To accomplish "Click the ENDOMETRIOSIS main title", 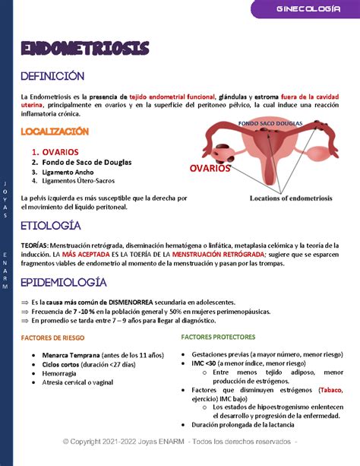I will tap(85, 48).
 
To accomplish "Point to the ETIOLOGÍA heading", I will tap(50, 226).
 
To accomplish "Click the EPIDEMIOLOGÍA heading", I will tap(63, 282).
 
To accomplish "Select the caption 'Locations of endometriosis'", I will tap(291, 198).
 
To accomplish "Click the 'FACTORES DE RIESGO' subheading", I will tap(52, 337).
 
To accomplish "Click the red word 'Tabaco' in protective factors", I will tap(330, 390).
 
